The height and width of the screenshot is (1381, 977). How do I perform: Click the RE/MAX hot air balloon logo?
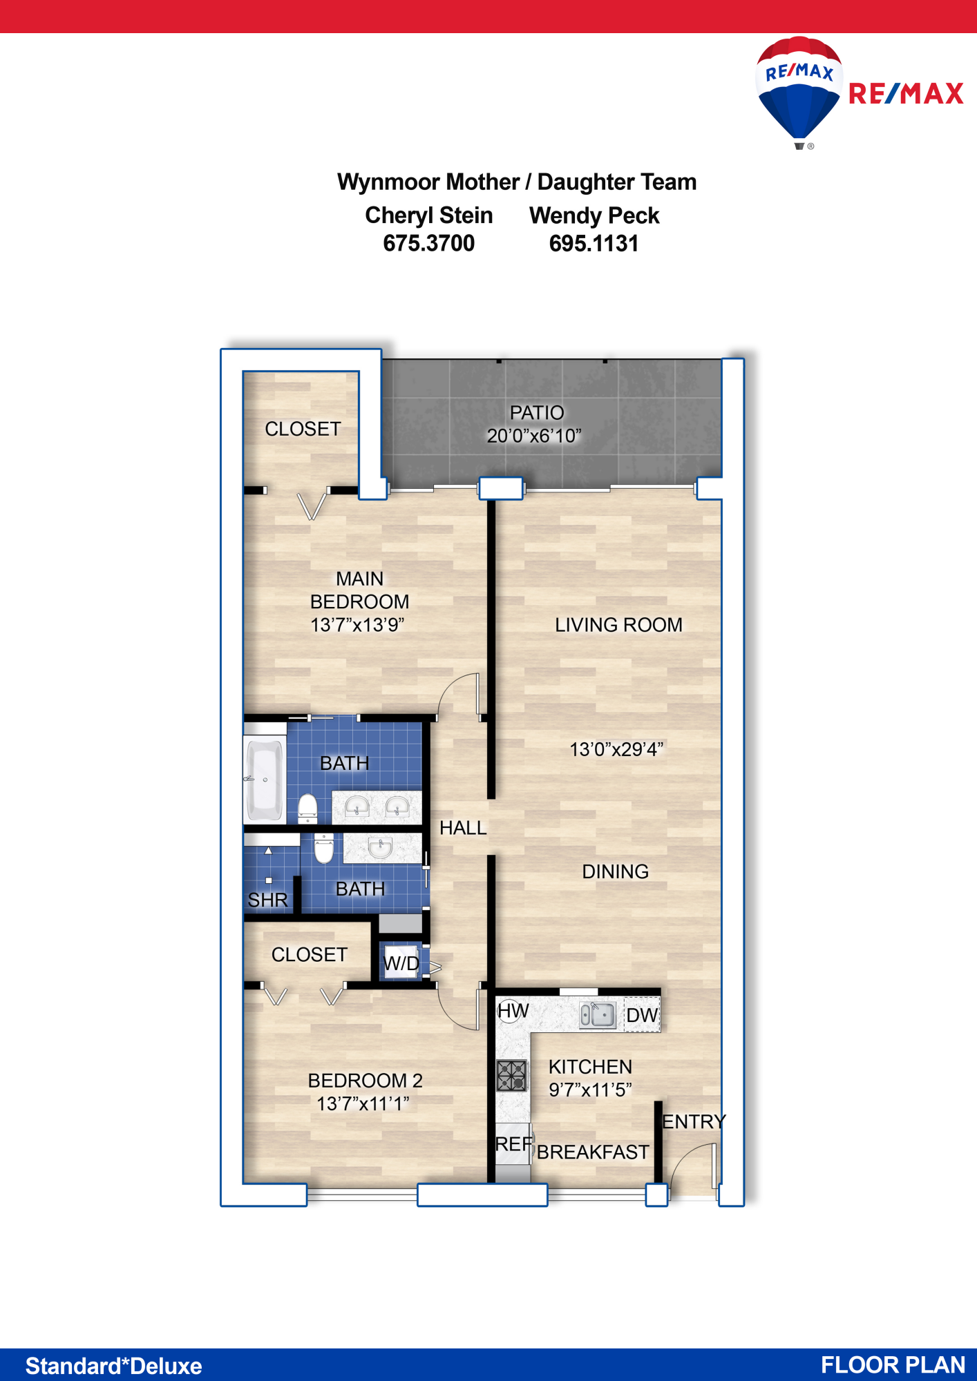(x=799, y=92)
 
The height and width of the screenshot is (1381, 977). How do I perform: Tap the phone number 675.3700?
(x=429, y=243)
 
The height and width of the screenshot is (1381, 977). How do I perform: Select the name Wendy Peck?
(x=594, y=215)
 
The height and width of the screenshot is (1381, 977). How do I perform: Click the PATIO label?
(x=537, y=412)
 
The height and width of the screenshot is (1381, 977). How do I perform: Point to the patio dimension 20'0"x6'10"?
(x=534, y=436)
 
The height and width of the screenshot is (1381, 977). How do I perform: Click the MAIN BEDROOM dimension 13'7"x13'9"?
(x=357, y=625)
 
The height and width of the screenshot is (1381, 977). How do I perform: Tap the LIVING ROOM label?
(x=618, y=625)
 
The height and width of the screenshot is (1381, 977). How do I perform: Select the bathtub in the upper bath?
(x=265, y=780)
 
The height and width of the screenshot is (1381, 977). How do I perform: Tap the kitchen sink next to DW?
(x=597, y=1015)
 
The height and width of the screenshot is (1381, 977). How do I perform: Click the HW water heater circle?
(x=510, y=1011)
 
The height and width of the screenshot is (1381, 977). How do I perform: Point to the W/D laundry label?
(x=401, y=963)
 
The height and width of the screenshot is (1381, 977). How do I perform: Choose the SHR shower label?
(x=267, y=900)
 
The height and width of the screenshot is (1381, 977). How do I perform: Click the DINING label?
(x=615, y=871)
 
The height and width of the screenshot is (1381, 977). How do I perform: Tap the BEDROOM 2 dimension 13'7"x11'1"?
(x=363, y=1103)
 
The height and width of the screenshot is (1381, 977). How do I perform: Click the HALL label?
(x=463, y=827)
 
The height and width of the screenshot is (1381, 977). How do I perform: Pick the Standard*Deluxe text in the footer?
(x=114, y=1366)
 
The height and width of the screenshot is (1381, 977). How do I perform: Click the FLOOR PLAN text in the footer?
(x=893, y=1365)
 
